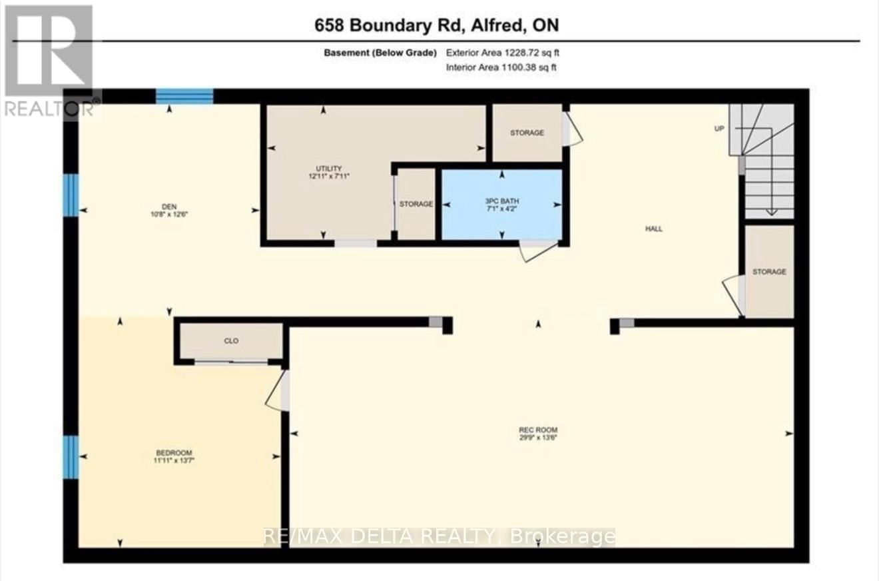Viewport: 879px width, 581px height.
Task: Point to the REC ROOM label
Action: tap(539, 429)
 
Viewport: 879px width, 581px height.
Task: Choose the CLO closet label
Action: tap(231, 341)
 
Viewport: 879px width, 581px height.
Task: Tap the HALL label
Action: tap(653, 229)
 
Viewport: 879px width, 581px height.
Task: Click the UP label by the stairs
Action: tap(719, 129)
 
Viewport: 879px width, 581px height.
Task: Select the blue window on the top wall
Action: tap(184, 97)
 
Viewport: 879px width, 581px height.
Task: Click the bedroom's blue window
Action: tap(71, 457)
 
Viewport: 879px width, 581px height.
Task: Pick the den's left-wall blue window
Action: tap(71, 195)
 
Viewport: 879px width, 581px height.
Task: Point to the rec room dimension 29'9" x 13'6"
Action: tap(539, 438)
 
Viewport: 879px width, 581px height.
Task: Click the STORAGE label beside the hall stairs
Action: tap(769, 272)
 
